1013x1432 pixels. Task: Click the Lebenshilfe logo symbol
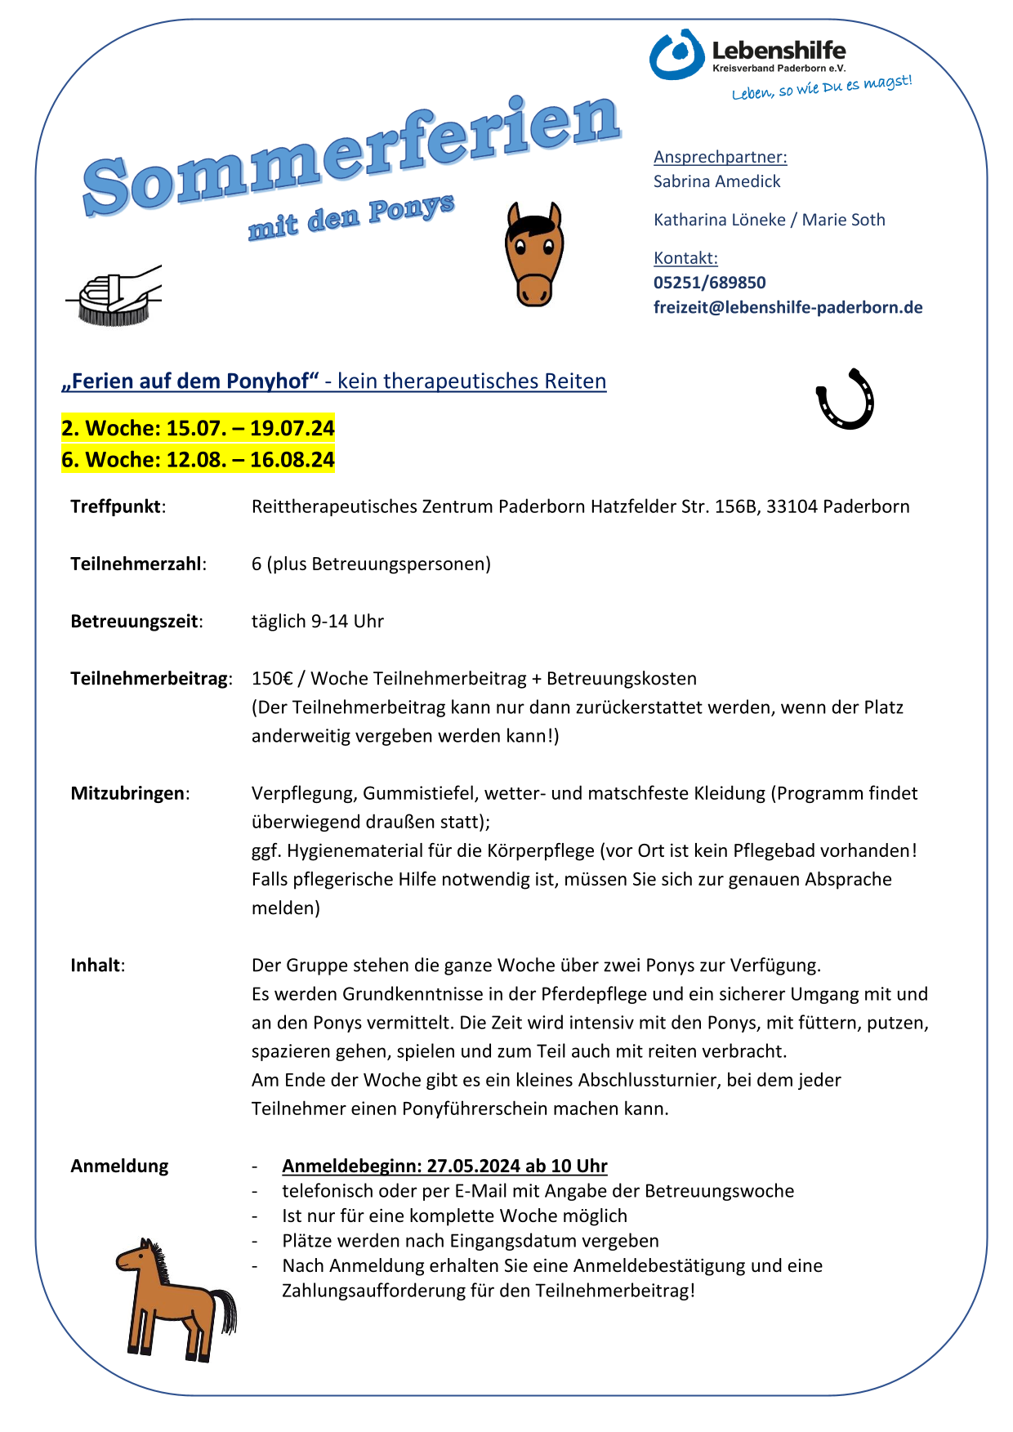(676, 55)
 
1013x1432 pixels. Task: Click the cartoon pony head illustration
(534, 254)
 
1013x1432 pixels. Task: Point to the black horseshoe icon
(846, 399)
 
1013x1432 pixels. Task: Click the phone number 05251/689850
(709, 283)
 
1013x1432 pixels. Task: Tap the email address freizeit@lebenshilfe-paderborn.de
(788, 308)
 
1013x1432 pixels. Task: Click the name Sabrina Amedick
(716, 181)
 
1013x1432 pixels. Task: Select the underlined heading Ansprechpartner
(720, 157)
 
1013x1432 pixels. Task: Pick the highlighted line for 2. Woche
(198, 428)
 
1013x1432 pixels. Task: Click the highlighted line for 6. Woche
(198, 460)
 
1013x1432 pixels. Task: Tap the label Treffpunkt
(116, 506)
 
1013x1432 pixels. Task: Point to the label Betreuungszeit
(135, 622)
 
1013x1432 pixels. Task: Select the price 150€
(271, 679)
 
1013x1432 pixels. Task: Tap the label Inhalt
(96, 966)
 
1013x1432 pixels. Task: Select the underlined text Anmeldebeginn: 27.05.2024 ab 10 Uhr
(444, 1166)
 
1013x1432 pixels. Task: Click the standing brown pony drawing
(174, 1299)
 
